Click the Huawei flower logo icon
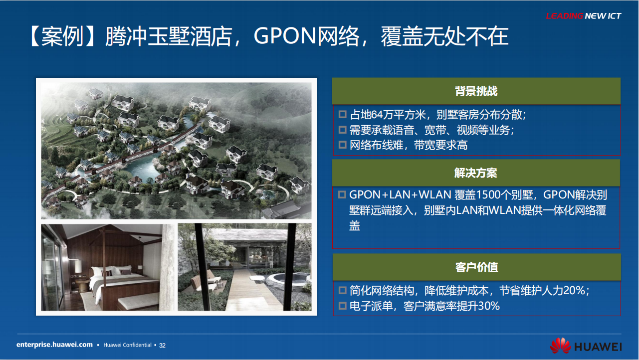pos(560,346)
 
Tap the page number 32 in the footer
pos(162,346)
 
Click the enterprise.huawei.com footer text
pos(54,345)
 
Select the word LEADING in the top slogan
pos(564,16)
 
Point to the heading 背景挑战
pos(476,91)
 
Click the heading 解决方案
pos(476,173)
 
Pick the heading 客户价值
pos(477,267)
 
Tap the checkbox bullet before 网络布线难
pos(342,145)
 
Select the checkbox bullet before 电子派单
pos(342,306)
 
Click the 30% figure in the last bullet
pos(489,306)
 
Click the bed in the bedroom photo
pos(124,285)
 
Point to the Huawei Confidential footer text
pos(127,345)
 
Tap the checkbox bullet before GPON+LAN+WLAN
pos(342,194)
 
